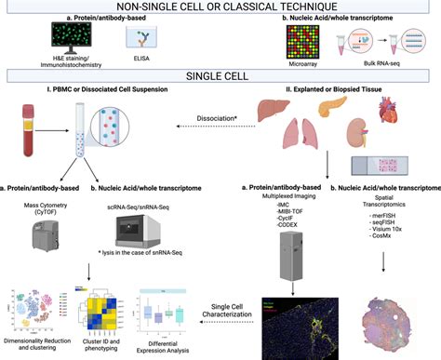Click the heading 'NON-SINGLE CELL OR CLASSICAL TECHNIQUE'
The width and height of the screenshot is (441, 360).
[220, 7]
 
